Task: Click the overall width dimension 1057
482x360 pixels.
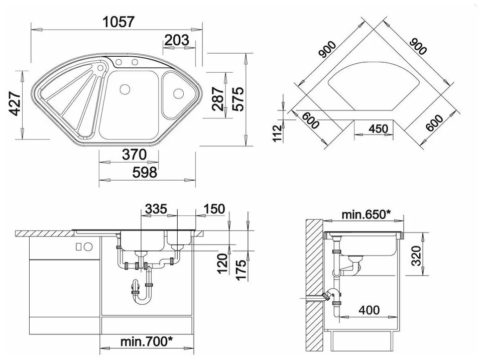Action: coord(118,22)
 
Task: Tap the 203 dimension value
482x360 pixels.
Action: coord(177,40)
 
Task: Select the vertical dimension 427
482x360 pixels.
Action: coord(15,103)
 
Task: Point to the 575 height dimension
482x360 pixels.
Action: coord(238,99)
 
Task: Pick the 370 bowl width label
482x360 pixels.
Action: coord(135,155)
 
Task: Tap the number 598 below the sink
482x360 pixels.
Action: coord(145,172)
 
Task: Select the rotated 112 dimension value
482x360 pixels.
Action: coord(277,133)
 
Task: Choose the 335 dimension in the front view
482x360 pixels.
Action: coord(156,209)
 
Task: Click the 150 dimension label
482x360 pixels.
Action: coord(214,209)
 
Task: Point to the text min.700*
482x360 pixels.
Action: coord(146,341)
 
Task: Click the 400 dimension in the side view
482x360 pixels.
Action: coord(369,310)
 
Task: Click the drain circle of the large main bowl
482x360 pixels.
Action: coord(125,89)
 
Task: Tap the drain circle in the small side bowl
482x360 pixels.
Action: coord(178,93)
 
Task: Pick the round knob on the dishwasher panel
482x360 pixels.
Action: coord(88,246)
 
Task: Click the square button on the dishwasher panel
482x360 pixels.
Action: coord(78,246)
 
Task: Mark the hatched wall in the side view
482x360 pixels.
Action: coord(314,285)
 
